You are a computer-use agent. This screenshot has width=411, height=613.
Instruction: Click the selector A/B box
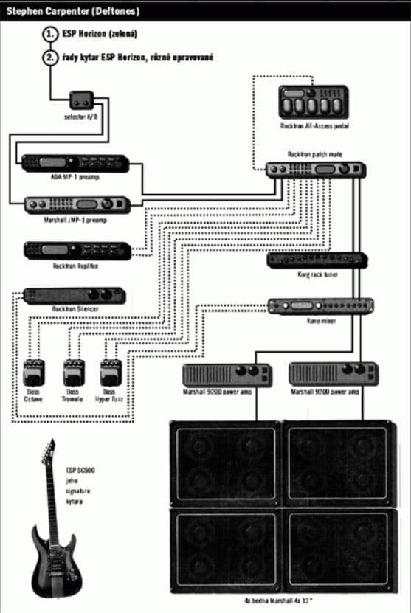[80, 99]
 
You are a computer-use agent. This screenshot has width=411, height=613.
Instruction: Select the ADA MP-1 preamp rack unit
[75, 163]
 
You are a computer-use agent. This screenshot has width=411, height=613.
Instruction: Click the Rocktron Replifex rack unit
[77, 251]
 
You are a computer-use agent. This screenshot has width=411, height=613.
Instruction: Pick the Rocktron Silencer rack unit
[74, 296]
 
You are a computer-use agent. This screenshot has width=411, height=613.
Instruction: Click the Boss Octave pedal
[34, 373]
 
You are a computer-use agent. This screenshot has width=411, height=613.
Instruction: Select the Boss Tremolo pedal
[72, 373]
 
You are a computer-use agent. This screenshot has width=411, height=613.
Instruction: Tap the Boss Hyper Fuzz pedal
[109, 373]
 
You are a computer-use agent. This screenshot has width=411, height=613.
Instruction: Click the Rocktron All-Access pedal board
[313, 103]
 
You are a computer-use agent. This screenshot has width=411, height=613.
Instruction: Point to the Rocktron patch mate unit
[315, 170]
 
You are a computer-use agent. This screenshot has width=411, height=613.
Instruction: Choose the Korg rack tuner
[316, 260]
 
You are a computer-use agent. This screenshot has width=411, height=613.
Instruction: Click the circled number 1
[50, 34]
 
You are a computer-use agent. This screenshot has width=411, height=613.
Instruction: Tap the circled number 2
[50, 57]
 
